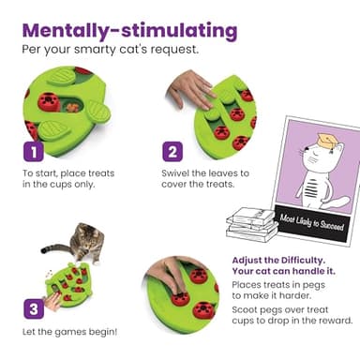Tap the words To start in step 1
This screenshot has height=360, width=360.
39,172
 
